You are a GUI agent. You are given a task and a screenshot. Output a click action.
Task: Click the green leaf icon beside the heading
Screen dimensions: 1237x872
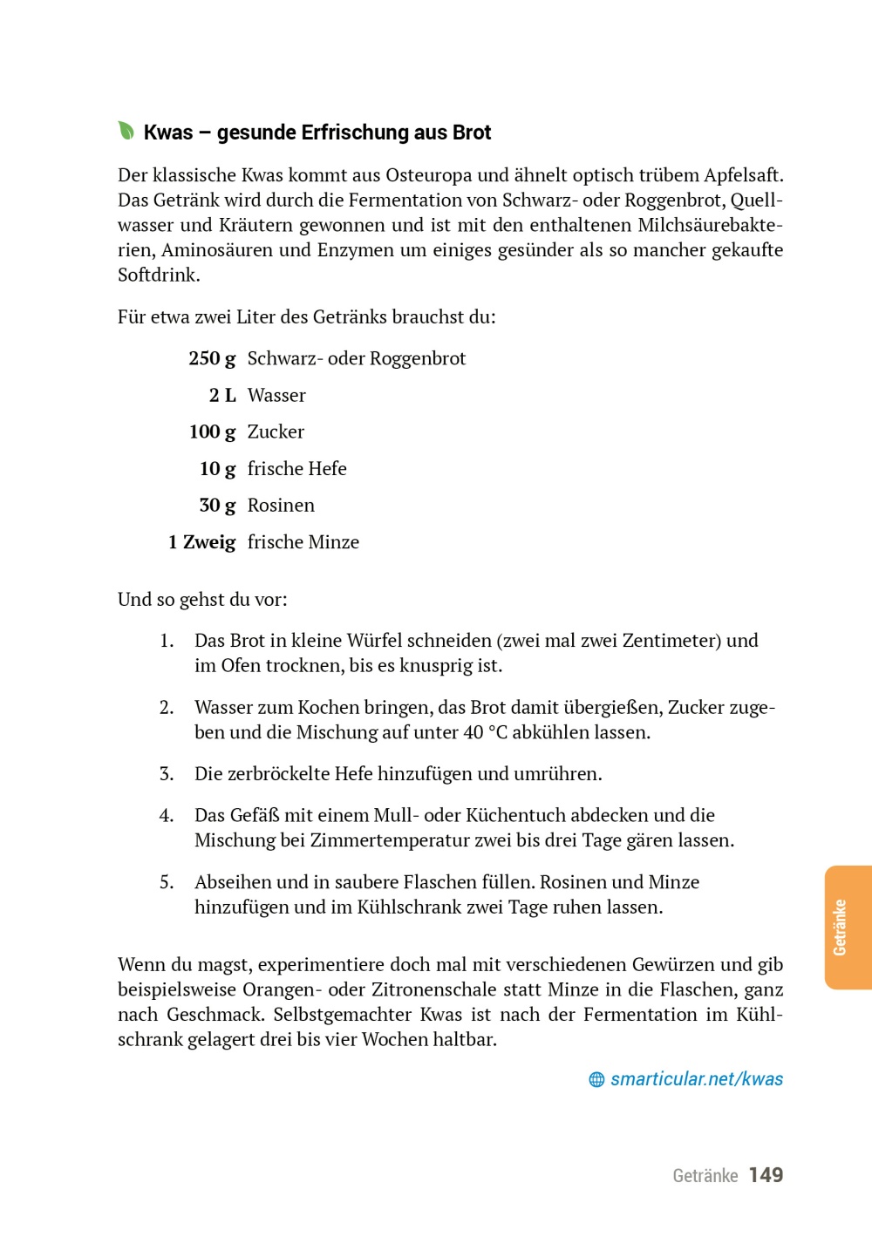coord(126,131)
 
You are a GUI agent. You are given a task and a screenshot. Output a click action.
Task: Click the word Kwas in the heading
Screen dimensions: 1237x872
coord(168,133)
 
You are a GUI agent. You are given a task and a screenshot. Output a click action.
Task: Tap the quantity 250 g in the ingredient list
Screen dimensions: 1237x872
coord(212,358)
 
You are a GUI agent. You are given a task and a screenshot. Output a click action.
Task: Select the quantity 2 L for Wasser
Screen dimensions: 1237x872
coord(222,395)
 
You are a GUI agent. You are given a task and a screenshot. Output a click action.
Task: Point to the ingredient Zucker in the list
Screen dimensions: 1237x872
coord(276,432)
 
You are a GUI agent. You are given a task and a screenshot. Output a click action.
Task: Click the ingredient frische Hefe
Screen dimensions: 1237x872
coord(296,468)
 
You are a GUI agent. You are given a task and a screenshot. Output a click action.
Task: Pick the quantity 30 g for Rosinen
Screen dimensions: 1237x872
coord(217,505)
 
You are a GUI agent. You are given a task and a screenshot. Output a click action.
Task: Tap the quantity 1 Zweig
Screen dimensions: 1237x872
coord(201,541)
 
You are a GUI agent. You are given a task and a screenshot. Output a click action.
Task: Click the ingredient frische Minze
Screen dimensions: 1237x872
coord(303,541)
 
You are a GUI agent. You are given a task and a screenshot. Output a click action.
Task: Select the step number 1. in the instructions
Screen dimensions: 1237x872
coord(167,641)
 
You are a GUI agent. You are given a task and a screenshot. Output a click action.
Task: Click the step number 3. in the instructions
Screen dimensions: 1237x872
coord(167,774)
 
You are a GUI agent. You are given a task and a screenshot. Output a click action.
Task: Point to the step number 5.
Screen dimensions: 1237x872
coord(167,882)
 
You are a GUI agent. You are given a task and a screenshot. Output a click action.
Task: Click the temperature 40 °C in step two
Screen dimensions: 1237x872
coord(485,732)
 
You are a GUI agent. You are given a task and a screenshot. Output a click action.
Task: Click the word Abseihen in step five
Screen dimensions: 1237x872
coord(231,882)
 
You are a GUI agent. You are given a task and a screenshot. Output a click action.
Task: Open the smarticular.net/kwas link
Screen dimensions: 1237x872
coord(696,1079)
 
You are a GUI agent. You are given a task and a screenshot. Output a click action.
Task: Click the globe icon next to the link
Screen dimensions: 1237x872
coord(596,1080)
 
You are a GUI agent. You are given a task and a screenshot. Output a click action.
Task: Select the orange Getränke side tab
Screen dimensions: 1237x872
coord(847,928)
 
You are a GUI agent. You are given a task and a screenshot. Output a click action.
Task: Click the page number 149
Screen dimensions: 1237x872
coord(766,1175)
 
